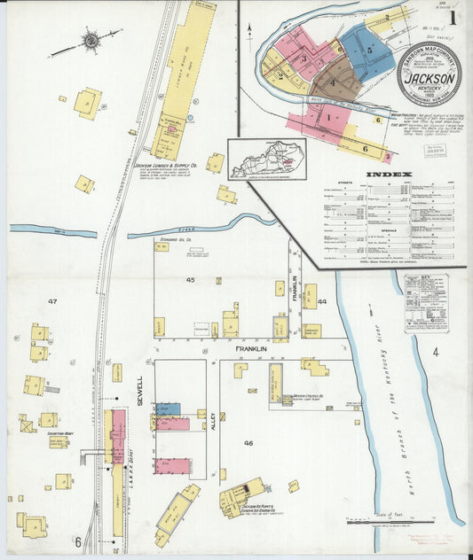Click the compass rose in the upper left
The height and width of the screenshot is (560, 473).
pos(91,40)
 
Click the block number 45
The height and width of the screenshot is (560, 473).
pos(190,280)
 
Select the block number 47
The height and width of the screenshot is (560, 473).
pos(52,301)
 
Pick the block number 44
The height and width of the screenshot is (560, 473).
pos(322,301)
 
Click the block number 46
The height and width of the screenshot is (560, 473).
pos(248,442)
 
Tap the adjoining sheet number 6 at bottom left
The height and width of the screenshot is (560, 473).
pos(77,541)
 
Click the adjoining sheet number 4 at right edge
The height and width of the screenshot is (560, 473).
pos(435,353)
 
